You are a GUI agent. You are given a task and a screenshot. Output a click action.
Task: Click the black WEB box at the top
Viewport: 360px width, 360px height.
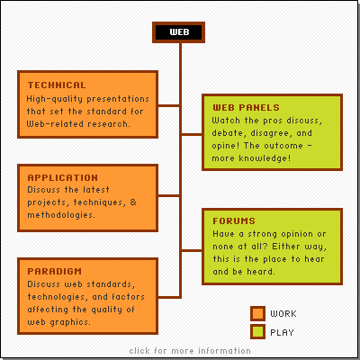pos(178,32)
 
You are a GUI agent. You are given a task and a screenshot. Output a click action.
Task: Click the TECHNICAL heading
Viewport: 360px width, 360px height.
pos(57,85)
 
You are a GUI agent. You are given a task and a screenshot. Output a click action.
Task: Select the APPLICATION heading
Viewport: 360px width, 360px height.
pos(63,177)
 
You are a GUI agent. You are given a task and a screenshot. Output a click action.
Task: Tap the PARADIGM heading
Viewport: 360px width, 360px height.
pos(54,271)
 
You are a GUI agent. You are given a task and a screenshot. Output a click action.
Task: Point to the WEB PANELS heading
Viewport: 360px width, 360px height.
pos(246,107)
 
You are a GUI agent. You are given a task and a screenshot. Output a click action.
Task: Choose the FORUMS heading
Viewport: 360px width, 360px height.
pos(234,221)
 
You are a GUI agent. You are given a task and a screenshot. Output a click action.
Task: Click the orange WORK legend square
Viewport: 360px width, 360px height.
pos(257,313)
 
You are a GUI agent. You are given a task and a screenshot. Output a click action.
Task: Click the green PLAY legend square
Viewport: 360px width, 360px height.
pos(257,332)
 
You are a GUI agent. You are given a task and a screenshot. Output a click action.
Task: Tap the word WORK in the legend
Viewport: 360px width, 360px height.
pos(283,314)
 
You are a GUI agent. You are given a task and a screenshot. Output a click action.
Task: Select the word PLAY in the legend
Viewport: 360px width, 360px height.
pos(282,332)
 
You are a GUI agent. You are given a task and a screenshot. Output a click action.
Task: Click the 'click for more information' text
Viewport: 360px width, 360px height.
pos(190,351)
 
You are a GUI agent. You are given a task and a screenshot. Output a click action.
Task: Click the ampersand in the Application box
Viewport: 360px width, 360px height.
pos(133,202)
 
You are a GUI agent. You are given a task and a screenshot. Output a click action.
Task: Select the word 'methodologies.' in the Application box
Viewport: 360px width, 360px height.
pos(61,215)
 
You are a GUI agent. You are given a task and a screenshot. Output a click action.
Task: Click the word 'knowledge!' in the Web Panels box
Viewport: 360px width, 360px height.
pos(265,158)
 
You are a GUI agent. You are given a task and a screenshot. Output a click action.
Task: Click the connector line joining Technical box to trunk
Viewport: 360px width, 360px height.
pos(169,105)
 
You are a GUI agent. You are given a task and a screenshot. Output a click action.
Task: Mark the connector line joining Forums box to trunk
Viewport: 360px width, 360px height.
pos(192,250)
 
